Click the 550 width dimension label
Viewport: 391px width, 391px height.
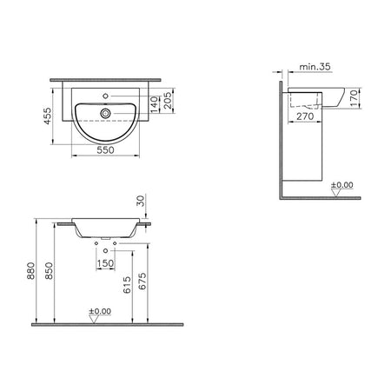[106, 150]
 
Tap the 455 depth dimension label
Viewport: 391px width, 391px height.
[48, 116]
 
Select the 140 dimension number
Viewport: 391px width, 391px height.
[155, 104]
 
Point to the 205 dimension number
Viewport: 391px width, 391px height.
[168, 101]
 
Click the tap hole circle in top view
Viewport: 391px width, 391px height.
[105, 96]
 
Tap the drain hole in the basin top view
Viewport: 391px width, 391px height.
[105, 113]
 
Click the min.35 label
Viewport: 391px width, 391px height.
[315, 67]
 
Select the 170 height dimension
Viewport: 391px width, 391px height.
[354, 98]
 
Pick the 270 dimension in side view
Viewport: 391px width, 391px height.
[305, 116]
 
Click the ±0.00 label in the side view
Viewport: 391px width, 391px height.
[342, 185]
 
